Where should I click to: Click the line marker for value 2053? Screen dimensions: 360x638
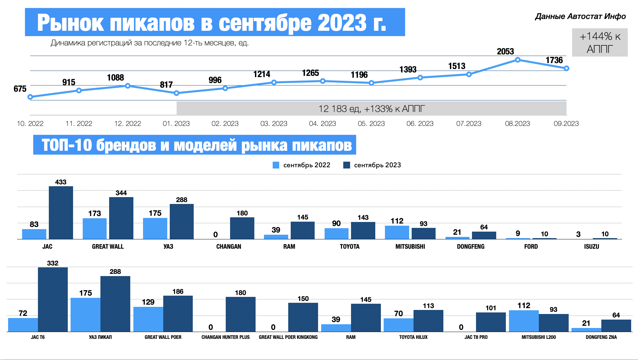[518, 60]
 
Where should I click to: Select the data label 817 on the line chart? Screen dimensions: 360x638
[166, 85]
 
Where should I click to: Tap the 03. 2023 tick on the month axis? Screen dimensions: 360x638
[274, 124]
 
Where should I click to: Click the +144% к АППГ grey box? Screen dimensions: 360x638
[600, 43]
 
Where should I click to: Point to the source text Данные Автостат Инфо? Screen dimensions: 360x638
[580, 16]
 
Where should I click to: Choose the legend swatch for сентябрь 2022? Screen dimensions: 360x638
[276, 165]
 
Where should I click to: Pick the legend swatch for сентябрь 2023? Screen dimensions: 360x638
[346, 165]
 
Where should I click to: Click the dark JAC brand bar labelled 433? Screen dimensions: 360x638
[61, 213]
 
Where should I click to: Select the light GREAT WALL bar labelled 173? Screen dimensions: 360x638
[95, 228]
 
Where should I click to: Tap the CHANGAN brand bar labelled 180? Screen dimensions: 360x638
[242, 228]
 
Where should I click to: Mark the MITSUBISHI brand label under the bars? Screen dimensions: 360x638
[410, 247]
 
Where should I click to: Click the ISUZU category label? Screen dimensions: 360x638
[591, 247]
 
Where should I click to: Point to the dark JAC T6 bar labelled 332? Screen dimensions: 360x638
[53, 299]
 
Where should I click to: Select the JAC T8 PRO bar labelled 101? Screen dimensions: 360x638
[491, 322]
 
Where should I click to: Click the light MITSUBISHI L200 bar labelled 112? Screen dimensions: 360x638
[524, 321]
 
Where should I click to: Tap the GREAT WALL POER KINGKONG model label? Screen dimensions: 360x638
[288, 337]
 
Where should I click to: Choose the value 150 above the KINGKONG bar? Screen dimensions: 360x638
[303, 299]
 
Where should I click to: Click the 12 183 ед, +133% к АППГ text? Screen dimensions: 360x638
[372, 109]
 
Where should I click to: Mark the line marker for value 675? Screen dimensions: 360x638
[30, 97]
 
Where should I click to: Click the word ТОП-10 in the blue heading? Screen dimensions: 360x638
[67, 145]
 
